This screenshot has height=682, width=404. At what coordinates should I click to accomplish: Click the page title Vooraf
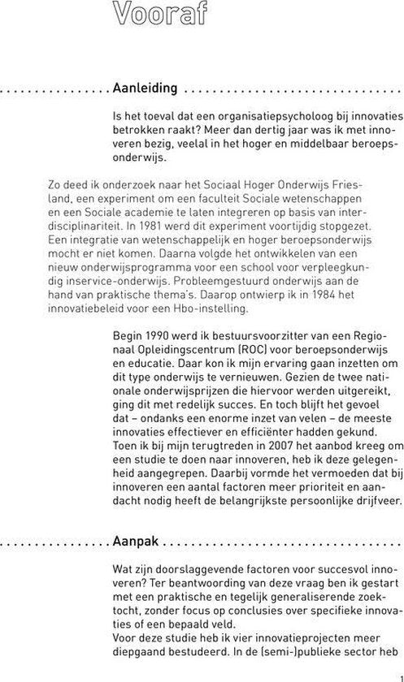[158, 14]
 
